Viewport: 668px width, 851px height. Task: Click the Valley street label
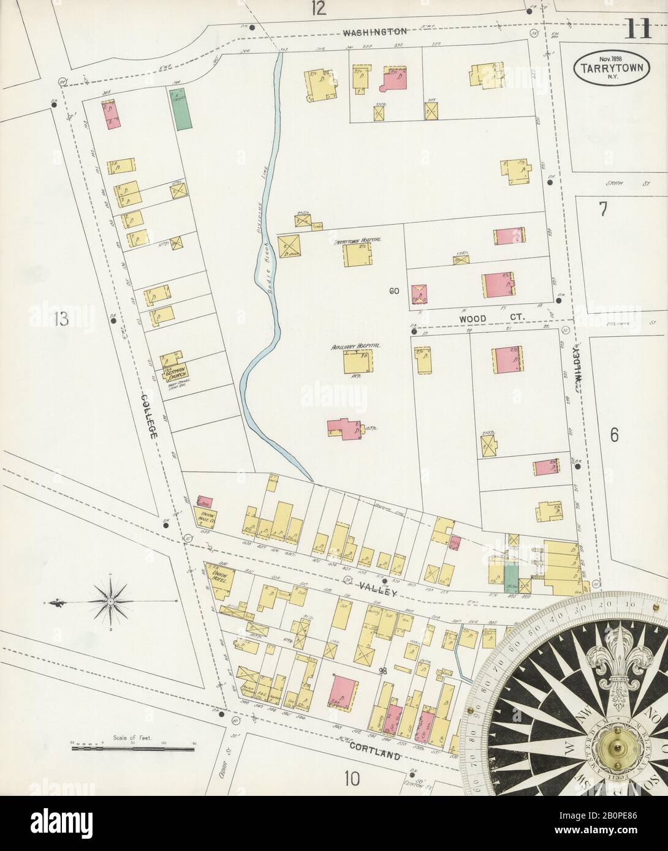point(384,593)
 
